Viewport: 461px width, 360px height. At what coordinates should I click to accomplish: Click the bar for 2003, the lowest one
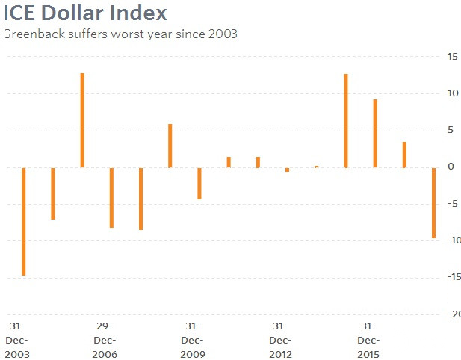click(x=24, y=221)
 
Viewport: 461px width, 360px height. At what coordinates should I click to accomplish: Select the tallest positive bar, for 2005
click(x=82, y=120)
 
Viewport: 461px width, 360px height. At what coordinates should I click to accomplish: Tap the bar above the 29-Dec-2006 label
click(x=111, y=197)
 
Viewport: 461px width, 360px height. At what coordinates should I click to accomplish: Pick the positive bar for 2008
click(x=170, y=146)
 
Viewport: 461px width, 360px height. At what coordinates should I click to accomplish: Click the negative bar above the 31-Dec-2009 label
click(x=199, y=183)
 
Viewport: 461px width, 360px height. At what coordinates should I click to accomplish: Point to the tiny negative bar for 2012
click(x=287, y=170)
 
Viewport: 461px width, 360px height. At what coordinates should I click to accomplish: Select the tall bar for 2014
click(x=346, y=121)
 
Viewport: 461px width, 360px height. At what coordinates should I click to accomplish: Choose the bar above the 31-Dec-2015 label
click(x=375, y=134)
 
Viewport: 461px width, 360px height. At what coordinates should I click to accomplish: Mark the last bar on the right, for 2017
click(x=433, y=202)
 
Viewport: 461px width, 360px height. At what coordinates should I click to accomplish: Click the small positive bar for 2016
click(x=404, y=155)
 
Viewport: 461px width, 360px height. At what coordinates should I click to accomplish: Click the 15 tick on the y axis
click(x=453, y=57)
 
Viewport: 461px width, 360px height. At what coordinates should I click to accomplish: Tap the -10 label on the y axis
click(x=452, y=240)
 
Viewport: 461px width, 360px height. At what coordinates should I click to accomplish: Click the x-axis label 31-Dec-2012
click(x=280, y=340)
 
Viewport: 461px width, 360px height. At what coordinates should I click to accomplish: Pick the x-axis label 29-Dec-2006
click(x=105, y=340)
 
